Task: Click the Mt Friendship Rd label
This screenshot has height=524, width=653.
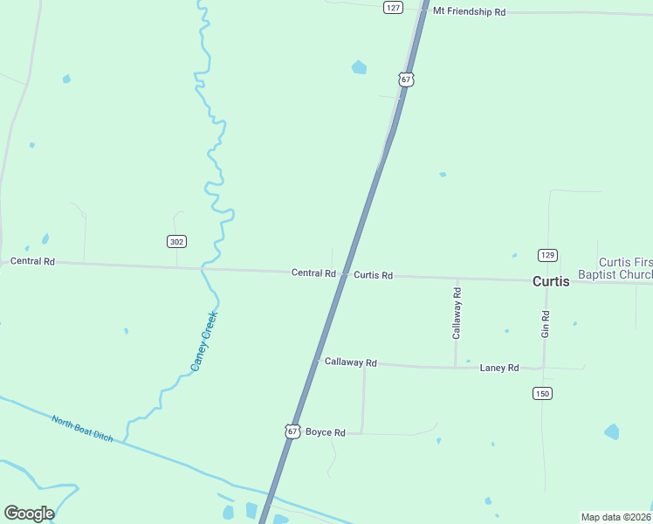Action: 469,12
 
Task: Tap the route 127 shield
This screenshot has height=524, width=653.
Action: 393,7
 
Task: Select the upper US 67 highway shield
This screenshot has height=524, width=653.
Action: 406,79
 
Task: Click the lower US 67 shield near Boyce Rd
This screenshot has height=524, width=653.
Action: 292,431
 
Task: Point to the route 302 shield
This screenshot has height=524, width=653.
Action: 177,241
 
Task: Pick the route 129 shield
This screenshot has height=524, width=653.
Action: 547,255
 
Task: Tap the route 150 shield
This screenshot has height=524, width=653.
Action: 543,394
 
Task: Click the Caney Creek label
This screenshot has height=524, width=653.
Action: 203,341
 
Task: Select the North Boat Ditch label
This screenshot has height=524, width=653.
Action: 82,428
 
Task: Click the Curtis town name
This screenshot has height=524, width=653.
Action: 551,281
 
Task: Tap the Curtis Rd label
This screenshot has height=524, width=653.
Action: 373,275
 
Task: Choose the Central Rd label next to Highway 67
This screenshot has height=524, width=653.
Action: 313,273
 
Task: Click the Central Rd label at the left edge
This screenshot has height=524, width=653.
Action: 32,261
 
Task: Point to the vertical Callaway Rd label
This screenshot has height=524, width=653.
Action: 457,312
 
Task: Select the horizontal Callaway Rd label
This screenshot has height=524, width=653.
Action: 350,362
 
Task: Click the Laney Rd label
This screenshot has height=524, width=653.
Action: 499,368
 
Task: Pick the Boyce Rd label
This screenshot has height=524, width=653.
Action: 326,432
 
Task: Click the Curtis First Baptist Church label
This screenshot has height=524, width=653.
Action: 625,269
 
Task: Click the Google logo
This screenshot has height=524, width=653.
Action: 29,514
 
